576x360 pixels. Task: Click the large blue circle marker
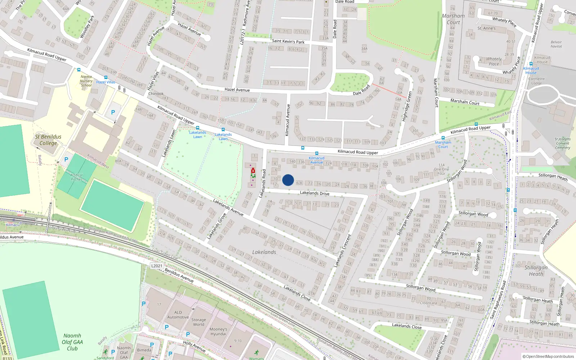point(288,180)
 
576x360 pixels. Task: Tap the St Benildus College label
point(48,140)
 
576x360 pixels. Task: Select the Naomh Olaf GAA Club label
point(72,342)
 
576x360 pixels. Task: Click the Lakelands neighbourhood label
point(264,252)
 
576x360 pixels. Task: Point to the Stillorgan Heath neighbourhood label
point(536,270)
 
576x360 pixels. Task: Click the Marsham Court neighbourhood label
point(453,19)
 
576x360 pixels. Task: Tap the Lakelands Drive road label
point(315,193)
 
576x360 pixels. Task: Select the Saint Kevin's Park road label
point(288,41)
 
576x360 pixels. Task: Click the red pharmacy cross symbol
point(253,170)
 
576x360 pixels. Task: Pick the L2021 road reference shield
point(157,266)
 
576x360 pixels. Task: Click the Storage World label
point(198,322)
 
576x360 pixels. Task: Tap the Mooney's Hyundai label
point(218,331)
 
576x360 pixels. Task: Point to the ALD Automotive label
point(178,315)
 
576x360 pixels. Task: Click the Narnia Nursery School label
point(86,81)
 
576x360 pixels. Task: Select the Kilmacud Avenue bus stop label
point(316,160)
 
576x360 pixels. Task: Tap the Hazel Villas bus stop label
point(106,82)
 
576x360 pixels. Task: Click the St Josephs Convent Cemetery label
point(562,143)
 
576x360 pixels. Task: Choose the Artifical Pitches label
point(76,177)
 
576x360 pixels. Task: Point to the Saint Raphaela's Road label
point(498,300)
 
